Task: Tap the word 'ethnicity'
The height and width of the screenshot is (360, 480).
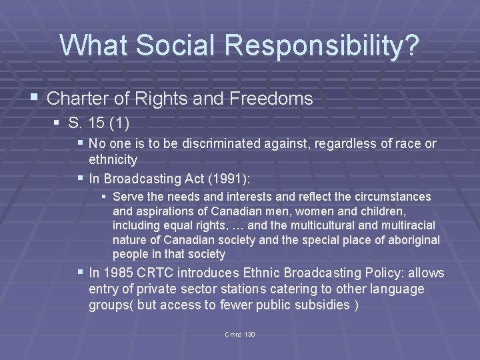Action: click(x=113, y=159)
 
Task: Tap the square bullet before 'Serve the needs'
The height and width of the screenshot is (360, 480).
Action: click(x=103, y=197)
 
